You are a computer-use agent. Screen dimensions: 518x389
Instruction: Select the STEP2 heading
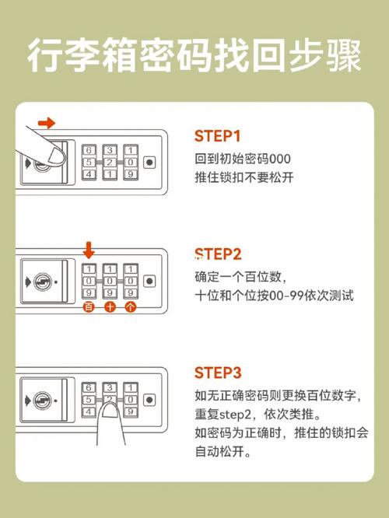tap(218, 254)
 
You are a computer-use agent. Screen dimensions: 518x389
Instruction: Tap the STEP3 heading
tap(218, 371)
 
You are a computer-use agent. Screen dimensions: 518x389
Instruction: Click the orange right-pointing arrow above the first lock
tap(47, 123)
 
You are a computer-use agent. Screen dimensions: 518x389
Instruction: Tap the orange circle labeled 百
tap(89, 308)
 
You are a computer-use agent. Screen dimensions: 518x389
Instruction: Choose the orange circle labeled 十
tap(110, 308)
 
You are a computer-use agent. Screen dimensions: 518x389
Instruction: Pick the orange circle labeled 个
tap(130, 308)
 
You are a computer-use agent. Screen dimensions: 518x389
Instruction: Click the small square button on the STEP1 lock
tap(149, 163)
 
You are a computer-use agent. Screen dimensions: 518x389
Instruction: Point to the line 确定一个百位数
tap(238, 277)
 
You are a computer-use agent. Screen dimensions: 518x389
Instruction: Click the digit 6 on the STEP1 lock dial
tap(89, 150)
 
